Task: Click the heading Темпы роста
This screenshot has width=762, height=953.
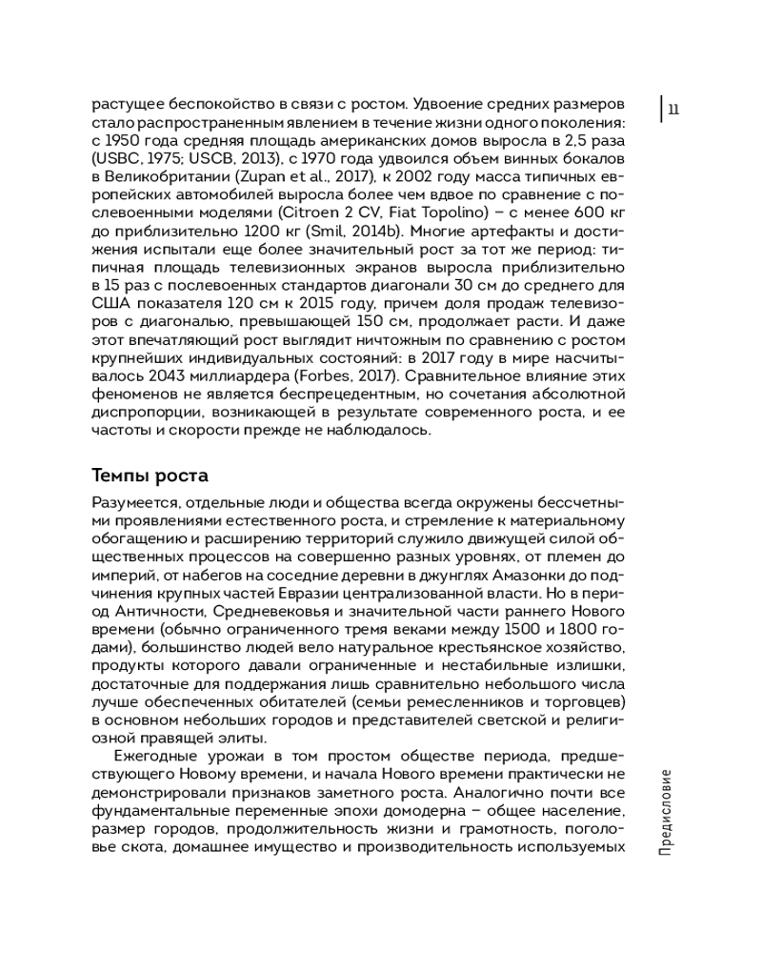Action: click(150, 475)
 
